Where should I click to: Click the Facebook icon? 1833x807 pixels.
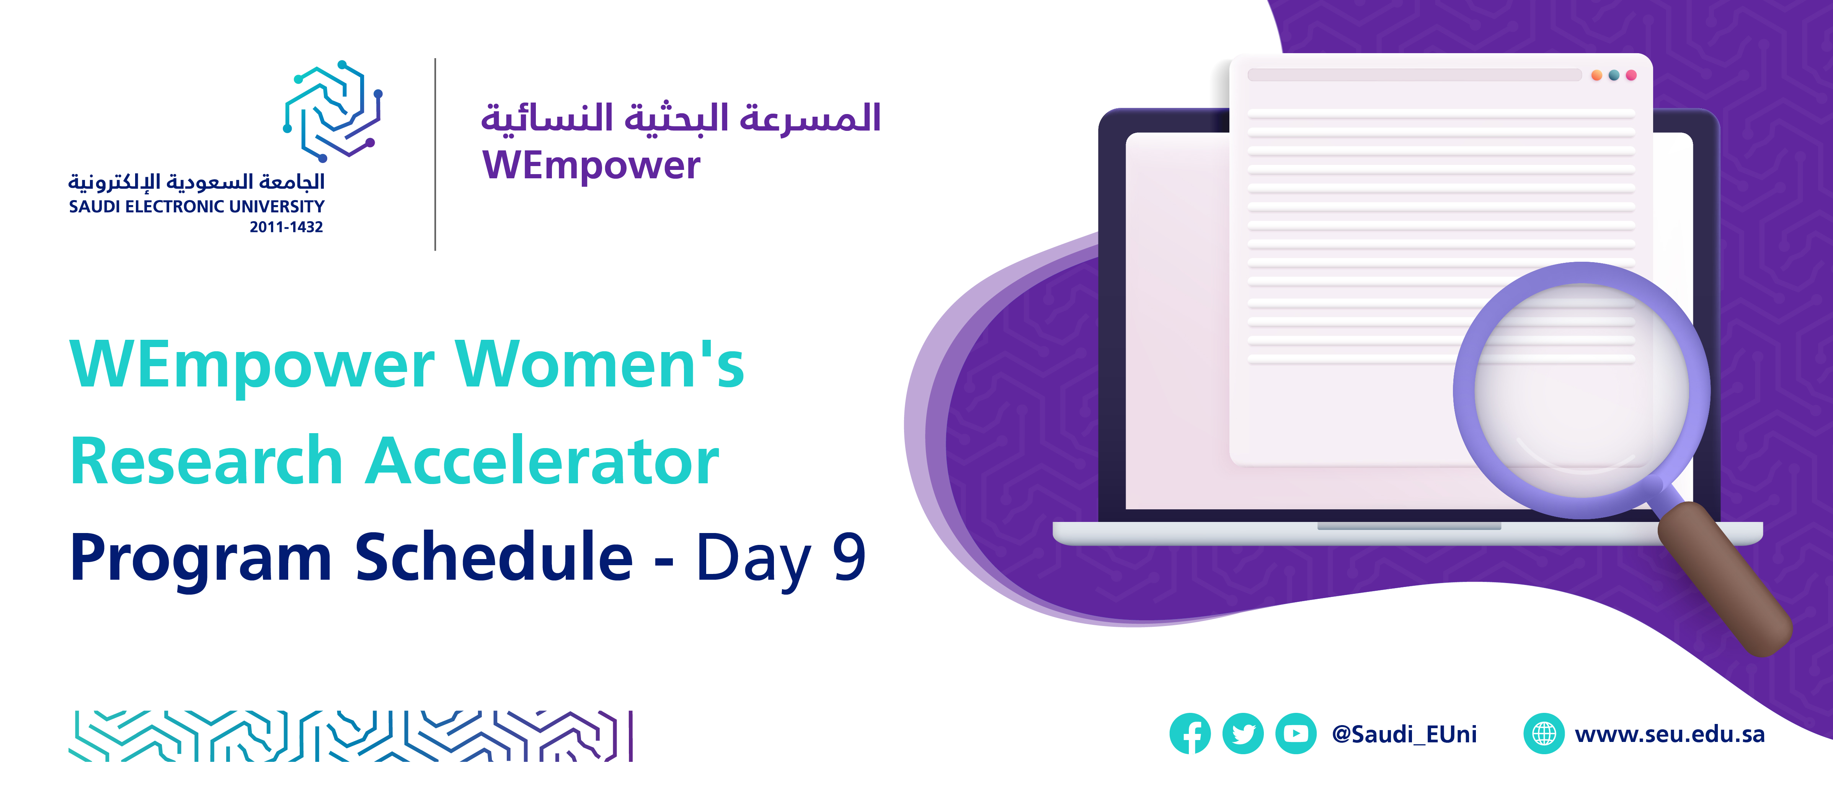click(x=1190, y=733)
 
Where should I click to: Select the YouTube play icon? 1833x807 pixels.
click(x=1296, y=733)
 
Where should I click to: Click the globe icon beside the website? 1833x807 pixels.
click(x=1543, y=733)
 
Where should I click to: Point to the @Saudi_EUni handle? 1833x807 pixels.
click(x=1404, y=734)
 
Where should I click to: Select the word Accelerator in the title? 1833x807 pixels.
click(x=542, y=461)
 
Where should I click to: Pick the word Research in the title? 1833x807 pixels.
click(x=207, y=461)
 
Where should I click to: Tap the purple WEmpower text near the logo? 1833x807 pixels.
click(x=591, y=165)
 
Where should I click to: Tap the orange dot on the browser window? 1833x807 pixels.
click(x=1597, y=75)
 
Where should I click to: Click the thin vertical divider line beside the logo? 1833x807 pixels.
click(x=435, y=155)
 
